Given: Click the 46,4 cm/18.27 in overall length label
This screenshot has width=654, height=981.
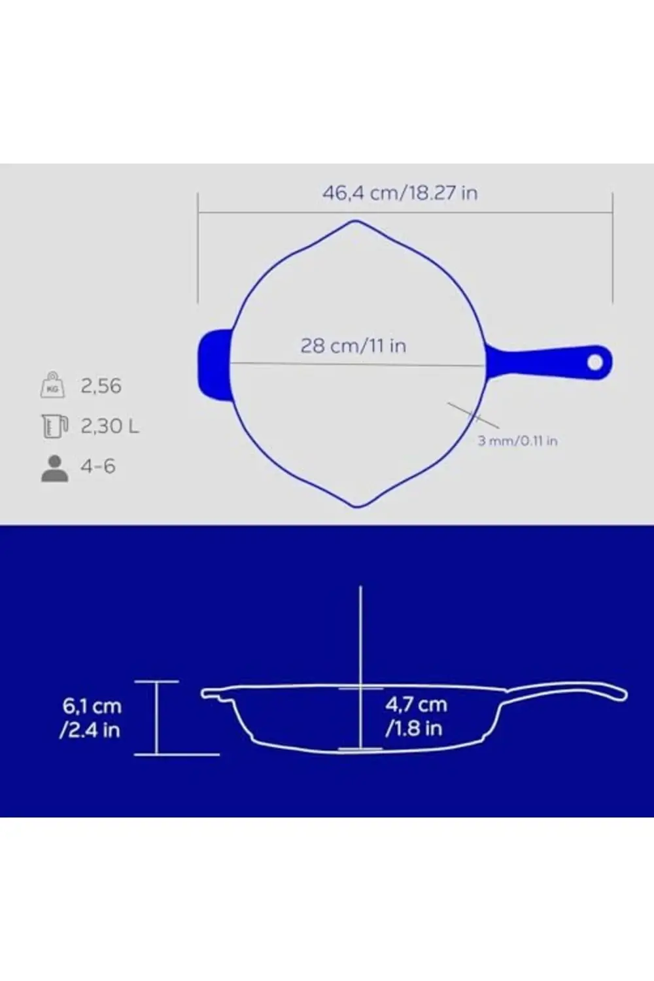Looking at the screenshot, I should [x=400, y=194].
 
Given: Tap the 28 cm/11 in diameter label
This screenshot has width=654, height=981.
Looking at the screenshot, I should [x=353, y=345].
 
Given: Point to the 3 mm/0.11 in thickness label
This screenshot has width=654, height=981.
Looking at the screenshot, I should [x=517, y=441].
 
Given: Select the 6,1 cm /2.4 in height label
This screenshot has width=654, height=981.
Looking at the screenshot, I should [x=92, y=717].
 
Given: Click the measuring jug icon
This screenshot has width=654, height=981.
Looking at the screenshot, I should [x=53, y=426].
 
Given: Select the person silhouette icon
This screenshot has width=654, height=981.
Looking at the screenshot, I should [x=54, y=468].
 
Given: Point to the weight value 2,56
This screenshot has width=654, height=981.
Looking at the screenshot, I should [x=101, y=386].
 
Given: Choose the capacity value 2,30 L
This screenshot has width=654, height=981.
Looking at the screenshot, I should [x=110, y=426].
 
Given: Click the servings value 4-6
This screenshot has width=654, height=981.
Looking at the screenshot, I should [x=97, y=466].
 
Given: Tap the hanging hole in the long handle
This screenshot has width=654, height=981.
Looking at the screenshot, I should [x=595, y=362].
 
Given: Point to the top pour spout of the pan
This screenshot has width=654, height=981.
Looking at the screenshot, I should [x=356, y=224].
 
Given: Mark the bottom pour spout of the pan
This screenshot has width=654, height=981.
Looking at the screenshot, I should [x=356, y=504].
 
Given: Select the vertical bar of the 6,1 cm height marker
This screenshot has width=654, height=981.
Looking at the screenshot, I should [x=157, y=717].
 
